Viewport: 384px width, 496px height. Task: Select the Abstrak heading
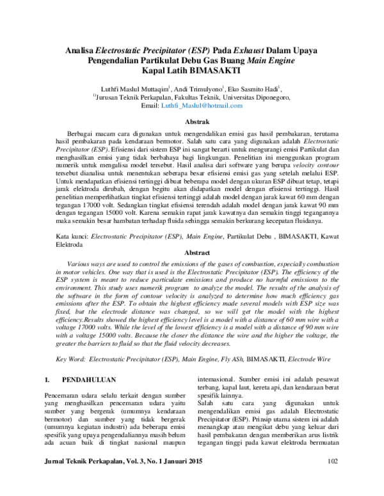click(192, 120)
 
